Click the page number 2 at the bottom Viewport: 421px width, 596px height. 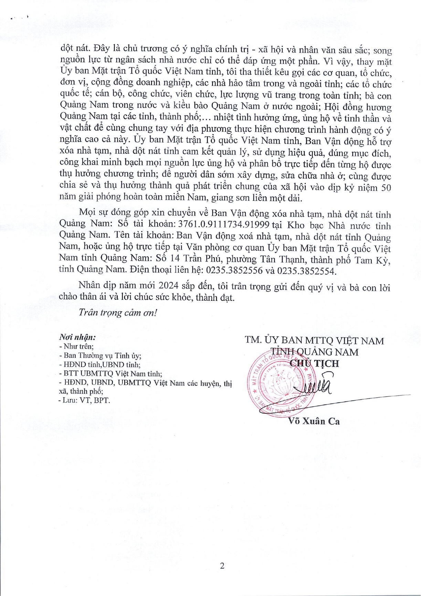pos(222,566)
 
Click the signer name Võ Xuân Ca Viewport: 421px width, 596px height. pos(314,421)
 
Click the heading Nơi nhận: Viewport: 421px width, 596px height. pos(77,337)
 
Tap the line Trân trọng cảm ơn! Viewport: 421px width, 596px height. pos(118,312)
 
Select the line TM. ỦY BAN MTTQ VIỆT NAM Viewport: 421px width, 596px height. pos(314,340)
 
